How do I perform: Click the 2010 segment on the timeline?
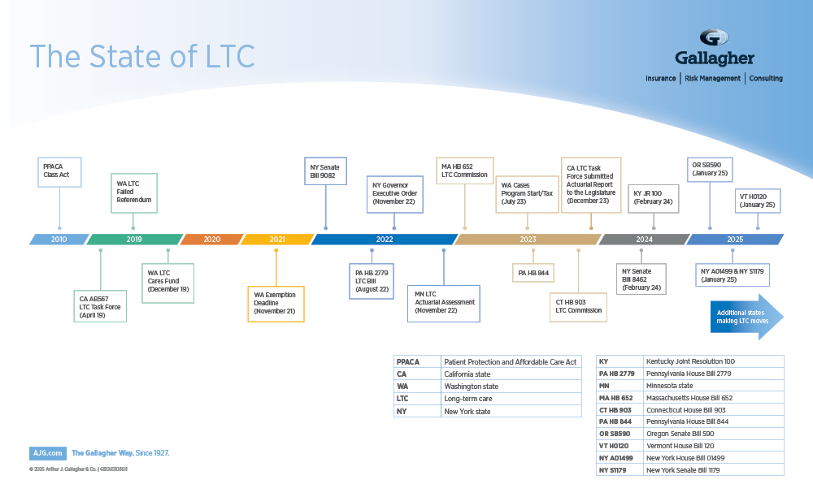point(59,240)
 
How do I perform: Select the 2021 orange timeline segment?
point(277,240)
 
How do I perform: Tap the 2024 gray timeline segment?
point(644,240)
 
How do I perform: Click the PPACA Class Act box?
point(59,171)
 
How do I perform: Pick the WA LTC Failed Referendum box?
point(133,192)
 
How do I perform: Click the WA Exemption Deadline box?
point(276,304)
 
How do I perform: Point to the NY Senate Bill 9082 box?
point(326,171)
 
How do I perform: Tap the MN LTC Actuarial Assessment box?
point(443,303)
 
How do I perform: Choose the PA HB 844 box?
point(533,273)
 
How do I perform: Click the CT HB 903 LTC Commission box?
point(578,306)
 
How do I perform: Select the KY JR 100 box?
point(653,198)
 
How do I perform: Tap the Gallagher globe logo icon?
point(714,38)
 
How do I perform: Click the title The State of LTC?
point(142,56)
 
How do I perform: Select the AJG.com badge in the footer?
point(46,453)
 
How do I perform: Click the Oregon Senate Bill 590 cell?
point(712,434)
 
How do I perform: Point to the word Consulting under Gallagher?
point(766,79)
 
